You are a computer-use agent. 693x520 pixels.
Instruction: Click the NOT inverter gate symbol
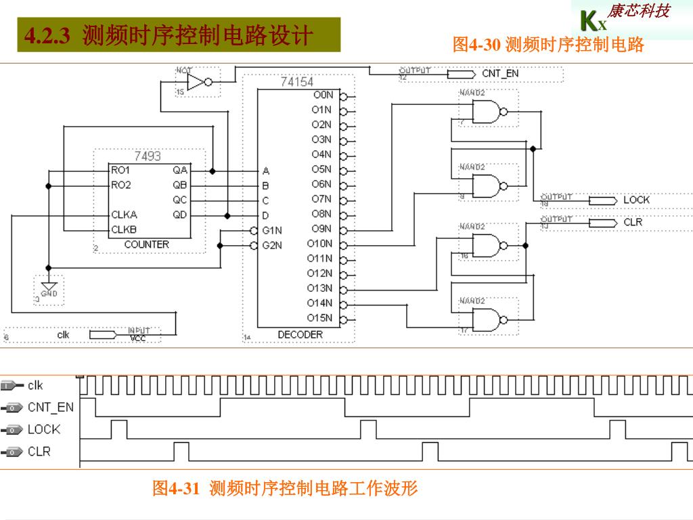(x=198, y=83)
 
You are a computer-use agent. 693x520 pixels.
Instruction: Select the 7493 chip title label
(x=148, y=156)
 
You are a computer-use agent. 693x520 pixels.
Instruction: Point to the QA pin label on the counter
(x=180, y=171)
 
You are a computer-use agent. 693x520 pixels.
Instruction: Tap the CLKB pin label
(x=124, y=230)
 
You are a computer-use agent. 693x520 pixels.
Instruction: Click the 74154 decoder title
(x=297, y=82)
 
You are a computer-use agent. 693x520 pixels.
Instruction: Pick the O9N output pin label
(x=321, y=229)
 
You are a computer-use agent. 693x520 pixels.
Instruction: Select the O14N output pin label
(x=319, y=303)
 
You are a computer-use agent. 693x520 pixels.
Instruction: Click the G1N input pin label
(x=272, y=230)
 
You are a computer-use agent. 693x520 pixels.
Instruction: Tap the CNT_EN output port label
(x=500, y=73)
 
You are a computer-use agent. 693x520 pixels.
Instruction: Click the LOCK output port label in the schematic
(x=636, y=200)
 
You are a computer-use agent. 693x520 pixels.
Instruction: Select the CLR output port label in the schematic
(x=633, y=222)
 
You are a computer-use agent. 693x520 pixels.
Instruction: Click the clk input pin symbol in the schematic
(x=103, y=334)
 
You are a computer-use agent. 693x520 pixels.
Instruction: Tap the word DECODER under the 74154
(x=300, y=334)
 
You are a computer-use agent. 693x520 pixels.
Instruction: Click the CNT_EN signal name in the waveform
(x=51, y=407)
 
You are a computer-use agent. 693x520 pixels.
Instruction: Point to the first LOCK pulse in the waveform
(x=119, y=429)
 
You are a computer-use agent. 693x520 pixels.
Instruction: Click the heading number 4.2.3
(x=47, y=36)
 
